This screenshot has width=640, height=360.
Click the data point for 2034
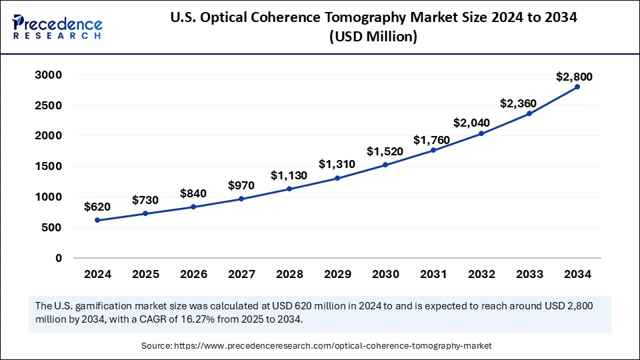pos(577,87)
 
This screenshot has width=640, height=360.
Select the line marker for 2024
pos(97,220)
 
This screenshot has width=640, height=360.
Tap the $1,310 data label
pos(337,163)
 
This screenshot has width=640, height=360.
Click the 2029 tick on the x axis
pos(337,274)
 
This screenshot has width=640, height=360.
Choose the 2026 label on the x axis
pos(193,274)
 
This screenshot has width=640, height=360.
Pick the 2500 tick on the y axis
pos(49,105)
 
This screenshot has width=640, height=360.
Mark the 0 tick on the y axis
pos(59,258)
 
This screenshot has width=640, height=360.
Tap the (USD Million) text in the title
pos(373,37)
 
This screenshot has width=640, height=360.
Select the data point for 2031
pos(433,150)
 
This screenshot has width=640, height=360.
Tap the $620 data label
pos(97,207)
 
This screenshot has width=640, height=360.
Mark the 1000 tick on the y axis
pos(49,197)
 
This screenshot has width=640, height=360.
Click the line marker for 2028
pos(289,189)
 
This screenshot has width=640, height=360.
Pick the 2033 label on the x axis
pos(529,274)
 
